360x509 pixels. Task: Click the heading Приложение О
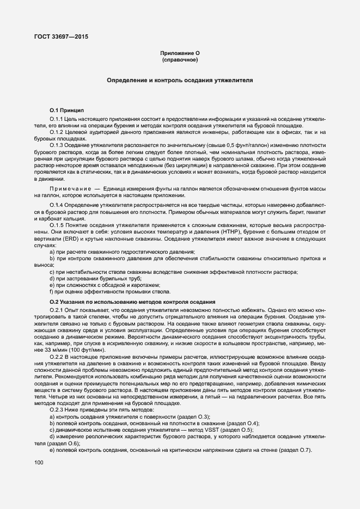point(180,53)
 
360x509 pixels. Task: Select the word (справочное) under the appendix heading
point(180,59)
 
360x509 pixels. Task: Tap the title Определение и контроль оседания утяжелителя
point(180,80)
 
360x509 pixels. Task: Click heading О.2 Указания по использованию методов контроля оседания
point(133,302)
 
